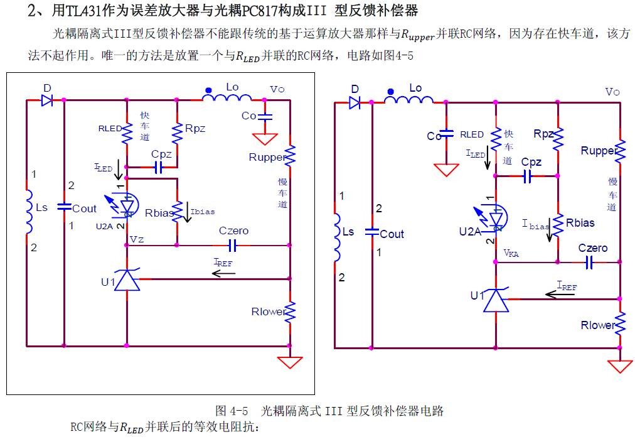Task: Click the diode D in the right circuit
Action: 355,102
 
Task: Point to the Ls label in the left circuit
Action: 41,207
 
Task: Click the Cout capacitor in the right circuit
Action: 372,232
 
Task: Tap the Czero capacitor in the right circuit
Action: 589,263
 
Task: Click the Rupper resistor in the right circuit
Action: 620,151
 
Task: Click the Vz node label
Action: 137,239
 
